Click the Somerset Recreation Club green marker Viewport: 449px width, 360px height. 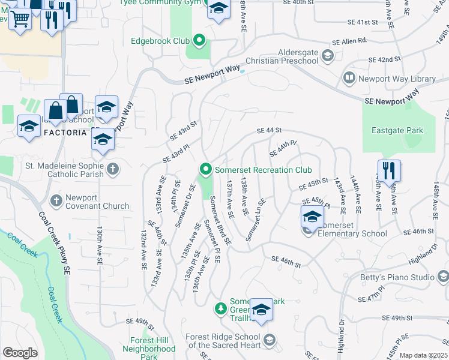[x=206, y=170]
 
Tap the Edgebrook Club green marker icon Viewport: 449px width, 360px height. [x=199, y=41]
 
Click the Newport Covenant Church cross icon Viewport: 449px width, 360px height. [x=56, y=200]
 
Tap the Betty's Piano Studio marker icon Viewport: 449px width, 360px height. [x=443, y=277]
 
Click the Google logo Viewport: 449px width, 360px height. [x=20, y=353]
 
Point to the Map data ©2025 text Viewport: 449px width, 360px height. [x=423, y=356]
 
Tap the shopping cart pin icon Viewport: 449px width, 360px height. [x=20, y=19]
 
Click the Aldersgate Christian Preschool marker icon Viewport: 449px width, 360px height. [x=327, y=56]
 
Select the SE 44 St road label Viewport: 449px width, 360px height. [x=269, y=130]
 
